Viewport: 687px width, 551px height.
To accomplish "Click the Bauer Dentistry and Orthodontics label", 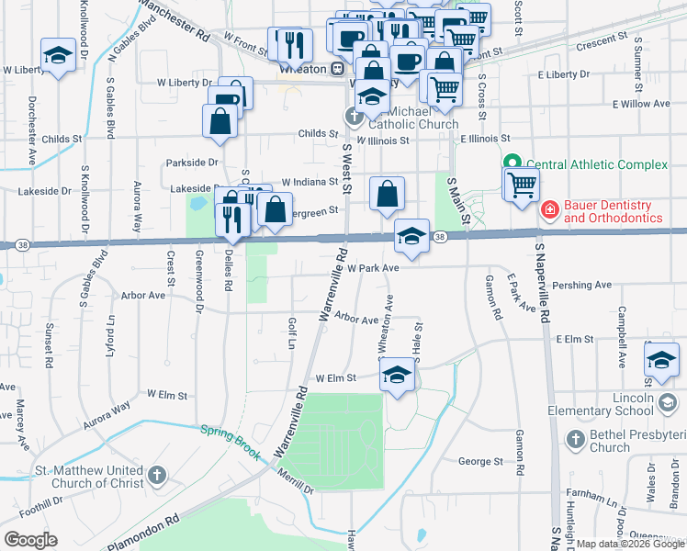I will [x=613, y=211].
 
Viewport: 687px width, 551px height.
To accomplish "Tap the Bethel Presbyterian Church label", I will [x=630, y=442].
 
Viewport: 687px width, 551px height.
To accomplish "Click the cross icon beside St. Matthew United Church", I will [x=157, y=476].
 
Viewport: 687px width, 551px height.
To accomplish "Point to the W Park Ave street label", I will [x=373, y=268].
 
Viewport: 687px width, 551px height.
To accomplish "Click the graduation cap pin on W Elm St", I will [x=397, y=374].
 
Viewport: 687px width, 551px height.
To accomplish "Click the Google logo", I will [x=31, y=540].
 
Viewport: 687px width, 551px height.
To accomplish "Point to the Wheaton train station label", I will [x=304, y=67].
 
